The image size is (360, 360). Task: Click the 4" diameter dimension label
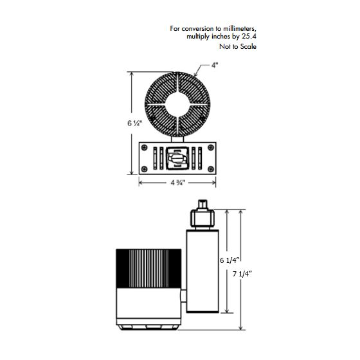[x=215, y=65]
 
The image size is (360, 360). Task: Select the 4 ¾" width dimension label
[x=177, y=183]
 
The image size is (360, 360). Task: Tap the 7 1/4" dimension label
[x=242, y=274]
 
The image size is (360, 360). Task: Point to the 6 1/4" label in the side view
[x=230, y=260]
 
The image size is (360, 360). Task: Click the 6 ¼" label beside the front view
[x=135, y=123]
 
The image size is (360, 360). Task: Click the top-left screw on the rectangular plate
[x=145, y=147]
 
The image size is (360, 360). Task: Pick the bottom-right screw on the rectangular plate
[x=211, y=169]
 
